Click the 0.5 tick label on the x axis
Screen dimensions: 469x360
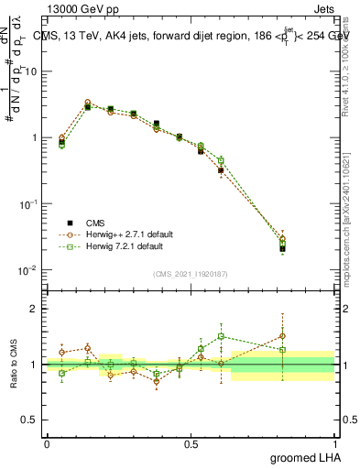click(x=191, y=442)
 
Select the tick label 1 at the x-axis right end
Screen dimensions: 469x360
click(x=335, y=442)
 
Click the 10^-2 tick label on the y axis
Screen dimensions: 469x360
click(x=28, y=270)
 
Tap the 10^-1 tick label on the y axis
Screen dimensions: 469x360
click(x=28, y=204)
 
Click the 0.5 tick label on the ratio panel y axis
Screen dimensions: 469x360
click(x=28, y=420)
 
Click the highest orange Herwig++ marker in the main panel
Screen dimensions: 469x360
click(x=88, y=103)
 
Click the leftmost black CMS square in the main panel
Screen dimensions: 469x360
click(x=61, y=142)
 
